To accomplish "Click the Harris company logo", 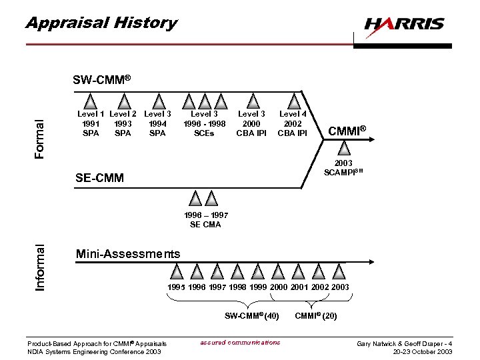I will (404, 25).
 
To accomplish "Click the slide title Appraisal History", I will (101, 23).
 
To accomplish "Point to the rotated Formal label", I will (40, 139).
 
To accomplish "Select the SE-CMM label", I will (99, 178).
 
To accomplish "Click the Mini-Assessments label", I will (127, 254).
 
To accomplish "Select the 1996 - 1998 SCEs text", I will (203, 123).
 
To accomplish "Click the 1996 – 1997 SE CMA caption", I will (205, 220).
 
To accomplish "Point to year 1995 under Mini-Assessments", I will (177, 287).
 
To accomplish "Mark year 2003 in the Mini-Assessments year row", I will (339, 287).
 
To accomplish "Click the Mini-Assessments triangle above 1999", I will (258, 271).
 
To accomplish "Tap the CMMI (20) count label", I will (315, 315).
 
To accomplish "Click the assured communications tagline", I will (240, 343).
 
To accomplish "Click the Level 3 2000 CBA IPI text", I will (252, 123).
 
